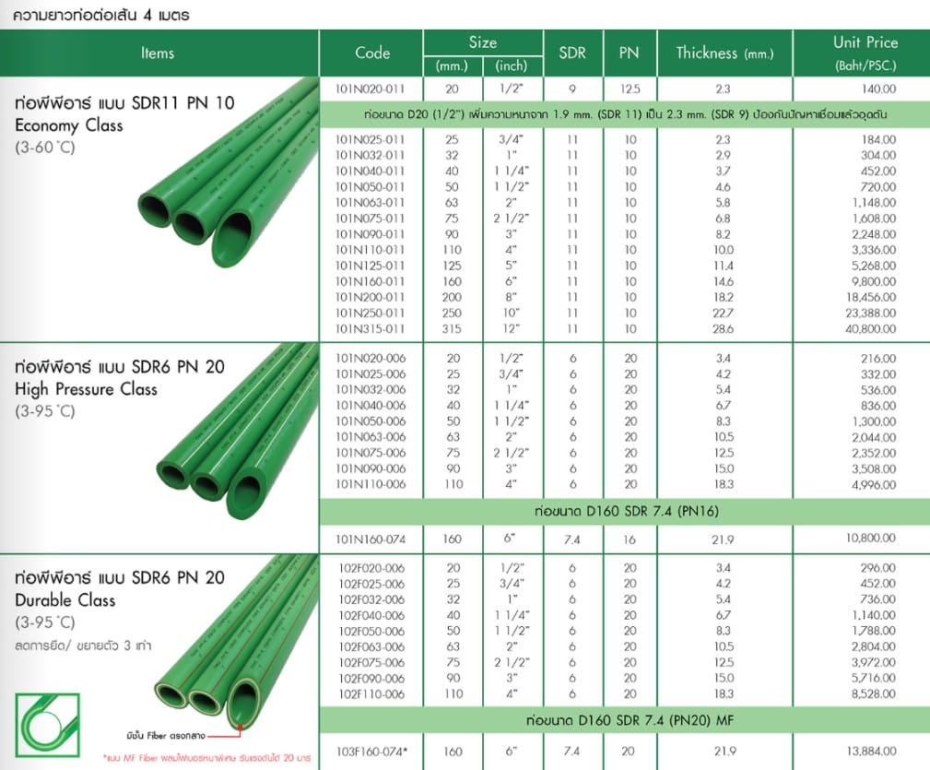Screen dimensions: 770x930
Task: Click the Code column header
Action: tap(371, 53)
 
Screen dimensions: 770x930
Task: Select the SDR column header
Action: tap(571, 53)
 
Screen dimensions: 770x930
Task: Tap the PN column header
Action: tap(630, 53)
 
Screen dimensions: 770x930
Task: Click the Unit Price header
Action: tap(865, 43)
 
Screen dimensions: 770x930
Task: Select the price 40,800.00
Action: tap(865, 329)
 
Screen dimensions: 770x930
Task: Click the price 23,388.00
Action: tap(865, 314)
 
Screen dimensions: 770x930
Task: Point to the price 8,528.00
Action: tap(870, 692)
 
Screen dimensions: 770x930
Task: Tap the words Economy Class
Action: tap(70, 125)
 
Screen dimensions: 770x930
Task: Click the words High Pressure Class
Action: tap(86, 389)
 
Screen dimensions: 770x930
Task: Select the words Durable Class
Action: tap(65, 600)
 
